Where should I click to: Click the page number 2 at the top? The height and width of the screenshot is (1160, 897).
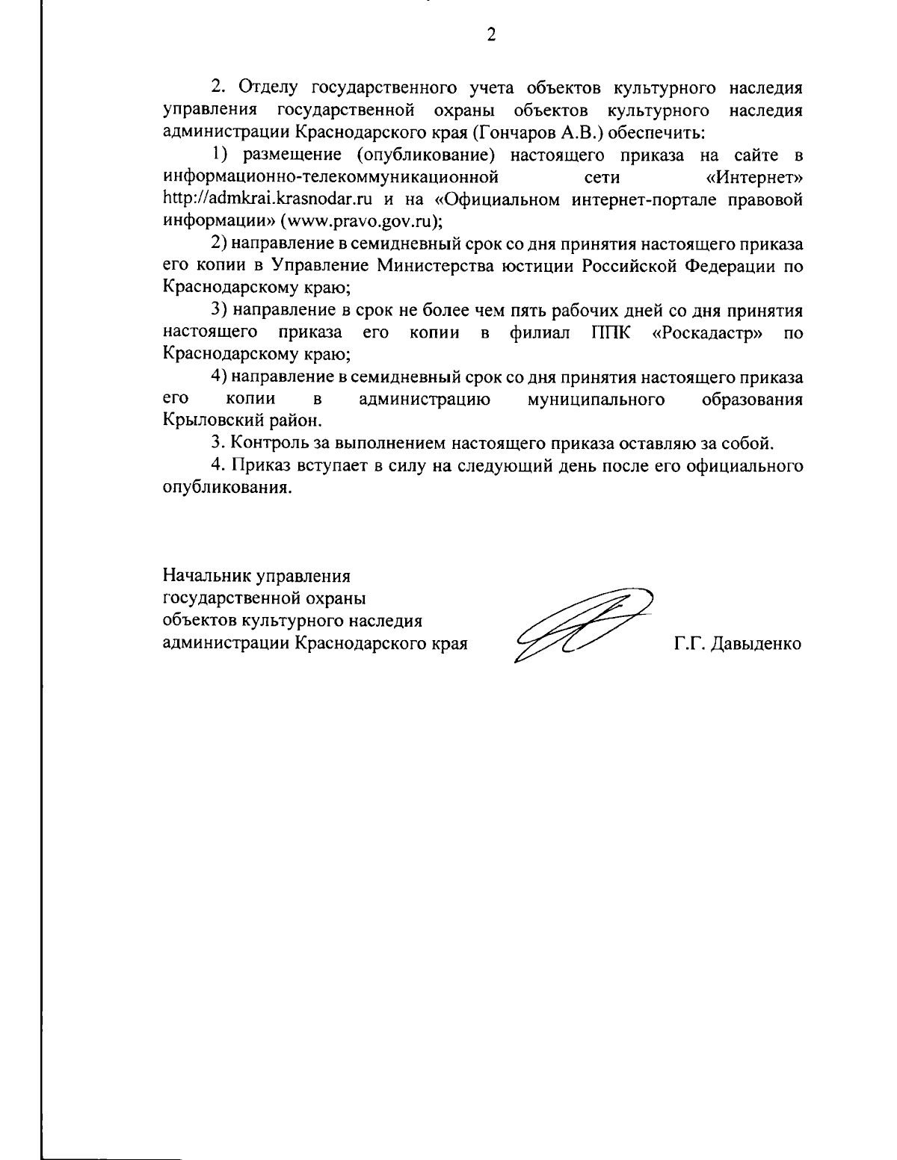(x=491, y=35)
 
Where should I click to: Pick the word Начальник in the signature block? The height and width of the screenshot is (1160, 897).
(x=206, y=577)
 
